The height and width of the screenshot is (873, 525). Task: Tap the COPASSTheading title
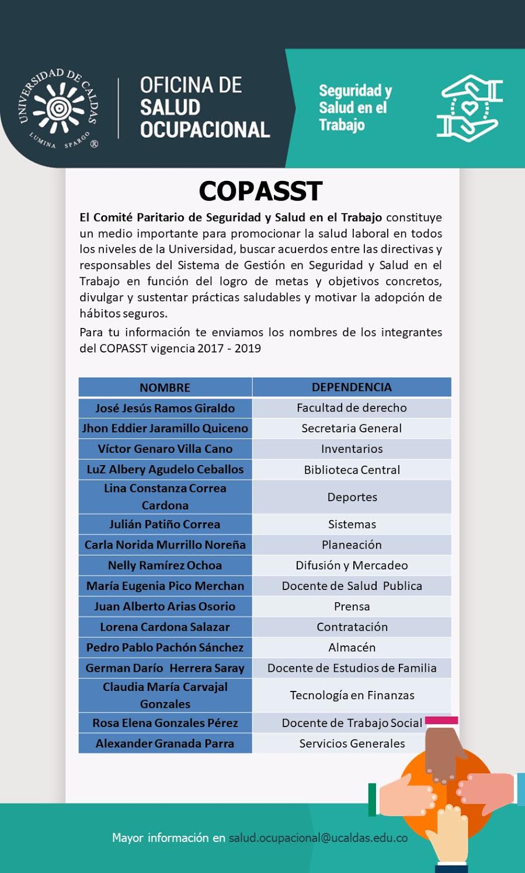(260, 191)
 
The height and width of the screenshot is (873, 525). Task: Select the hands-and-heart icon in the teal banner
(470, 108)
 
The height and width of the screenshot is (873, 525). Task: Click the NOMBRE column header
(165, 387)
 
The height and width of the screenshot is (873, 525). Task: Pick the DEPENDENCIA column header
(352, 387)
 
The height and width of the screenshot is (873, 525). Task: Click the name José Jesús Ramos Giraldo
(165, 408)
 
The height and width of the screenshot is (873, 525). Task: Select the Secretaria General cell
(352, 428)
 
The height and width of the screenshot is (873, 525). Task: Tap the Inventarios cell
(352, 449)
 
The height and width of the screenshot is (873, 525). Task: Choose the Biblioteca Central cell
(352, 470)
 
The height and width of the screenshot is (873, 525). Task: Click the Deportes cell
(352, 497)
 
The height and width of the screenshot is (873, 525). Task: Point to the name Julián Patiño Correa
(165, 524)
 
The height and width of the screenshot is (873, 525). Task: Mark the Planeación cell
(352, 544)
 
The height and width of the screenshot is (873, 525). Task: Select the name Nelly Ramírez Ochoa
(165, 565)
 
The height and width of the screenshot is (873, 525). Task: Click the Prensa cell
(352, 606)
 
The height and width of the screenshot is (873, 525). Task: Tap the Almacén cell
(352, 647)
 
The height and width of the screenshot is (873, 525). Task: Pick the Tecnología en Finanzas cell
(352, 695)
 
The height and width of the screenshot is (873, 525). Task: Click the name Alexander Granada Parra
(165, 743)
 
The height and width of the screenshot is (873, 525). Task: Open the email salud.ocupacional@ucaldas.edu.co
(318, 838)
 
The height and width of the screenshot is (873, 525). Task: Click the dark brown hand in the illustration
(444, 753)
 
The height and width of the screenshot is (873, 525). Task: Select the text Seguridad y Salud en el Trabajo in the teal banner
(354, 108)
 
